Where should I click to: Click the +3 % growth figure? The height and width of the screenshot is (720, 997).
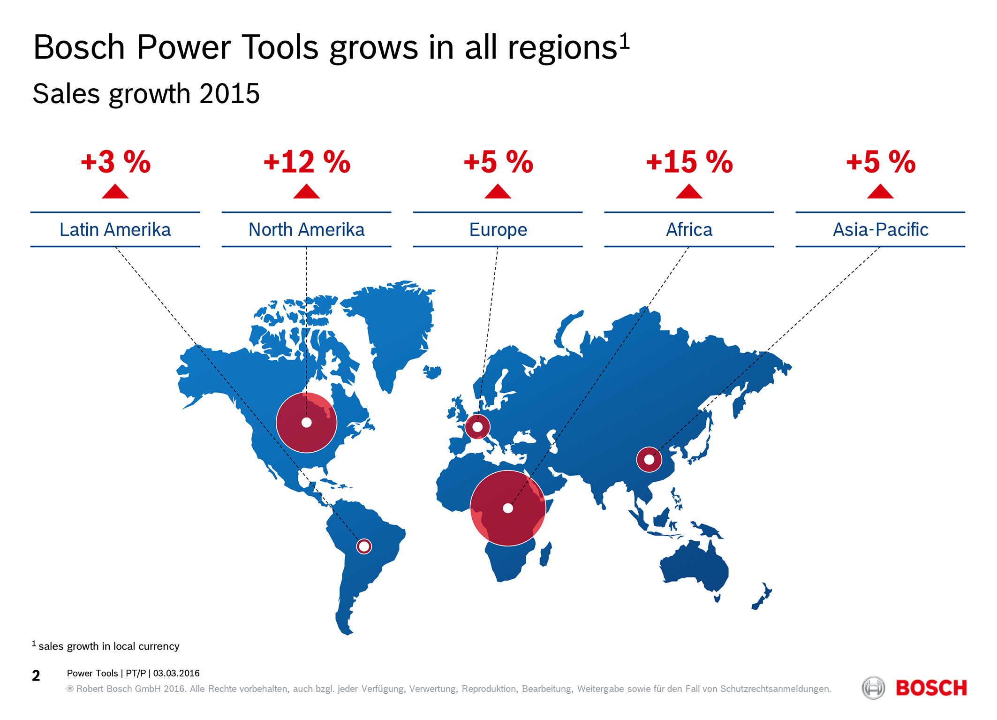[x=115, y=162]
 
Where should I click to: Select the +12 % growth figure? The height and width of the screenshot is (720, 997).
[x=307, y=162]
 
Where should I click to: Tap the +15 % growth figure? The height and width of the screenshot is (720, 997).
[x=689, y=162]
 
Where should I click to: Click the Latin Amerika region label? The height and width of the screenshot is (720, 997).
[x=115, y=230]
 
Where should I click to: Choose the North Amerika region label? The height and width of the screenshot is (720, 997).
[x=307, y=230]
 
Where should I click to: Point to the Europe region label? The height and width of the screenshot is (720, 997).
[x=498, y=230]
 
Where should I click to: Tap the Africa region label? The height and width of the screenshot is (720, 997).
[x=689, y=230]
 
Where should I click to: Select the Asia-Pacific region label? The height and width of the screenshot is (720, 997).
[x=881, y=230]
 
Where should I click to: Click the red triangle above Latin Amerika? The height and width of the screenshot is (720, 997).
[x=115, y=191]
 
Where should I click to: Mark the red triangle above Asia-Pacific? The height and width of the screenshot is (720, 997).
[x=880, y=191]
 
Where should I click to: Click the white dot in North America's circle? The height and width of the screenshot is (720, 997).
[x=307, y=423]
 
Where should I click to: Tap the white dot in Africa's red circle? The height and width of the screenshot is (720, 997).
[x=508, y=508]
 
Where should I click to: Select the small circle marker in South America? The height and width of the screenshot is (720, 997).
[x=364, y=546]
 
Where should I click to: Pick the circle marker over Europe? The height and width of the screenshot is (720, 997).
[x=477, y=427]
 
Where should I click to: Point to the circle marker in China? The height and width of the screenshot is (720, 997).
[x=649, y=460]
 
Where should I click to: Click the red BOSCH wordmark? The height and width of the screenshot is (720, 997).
[x=931, y=688]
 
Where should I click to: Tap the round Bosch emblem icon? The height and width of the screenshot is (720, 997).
[x=873, y=688]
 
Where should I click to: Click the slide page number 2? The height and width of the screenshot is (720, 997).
[x=36, y=676]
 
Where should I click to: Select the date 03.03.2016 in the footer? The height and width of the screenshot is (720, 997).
[x=176, y=674]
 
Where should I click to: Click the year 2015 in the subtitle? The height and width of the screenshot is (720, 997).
[x=229, y=93]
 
